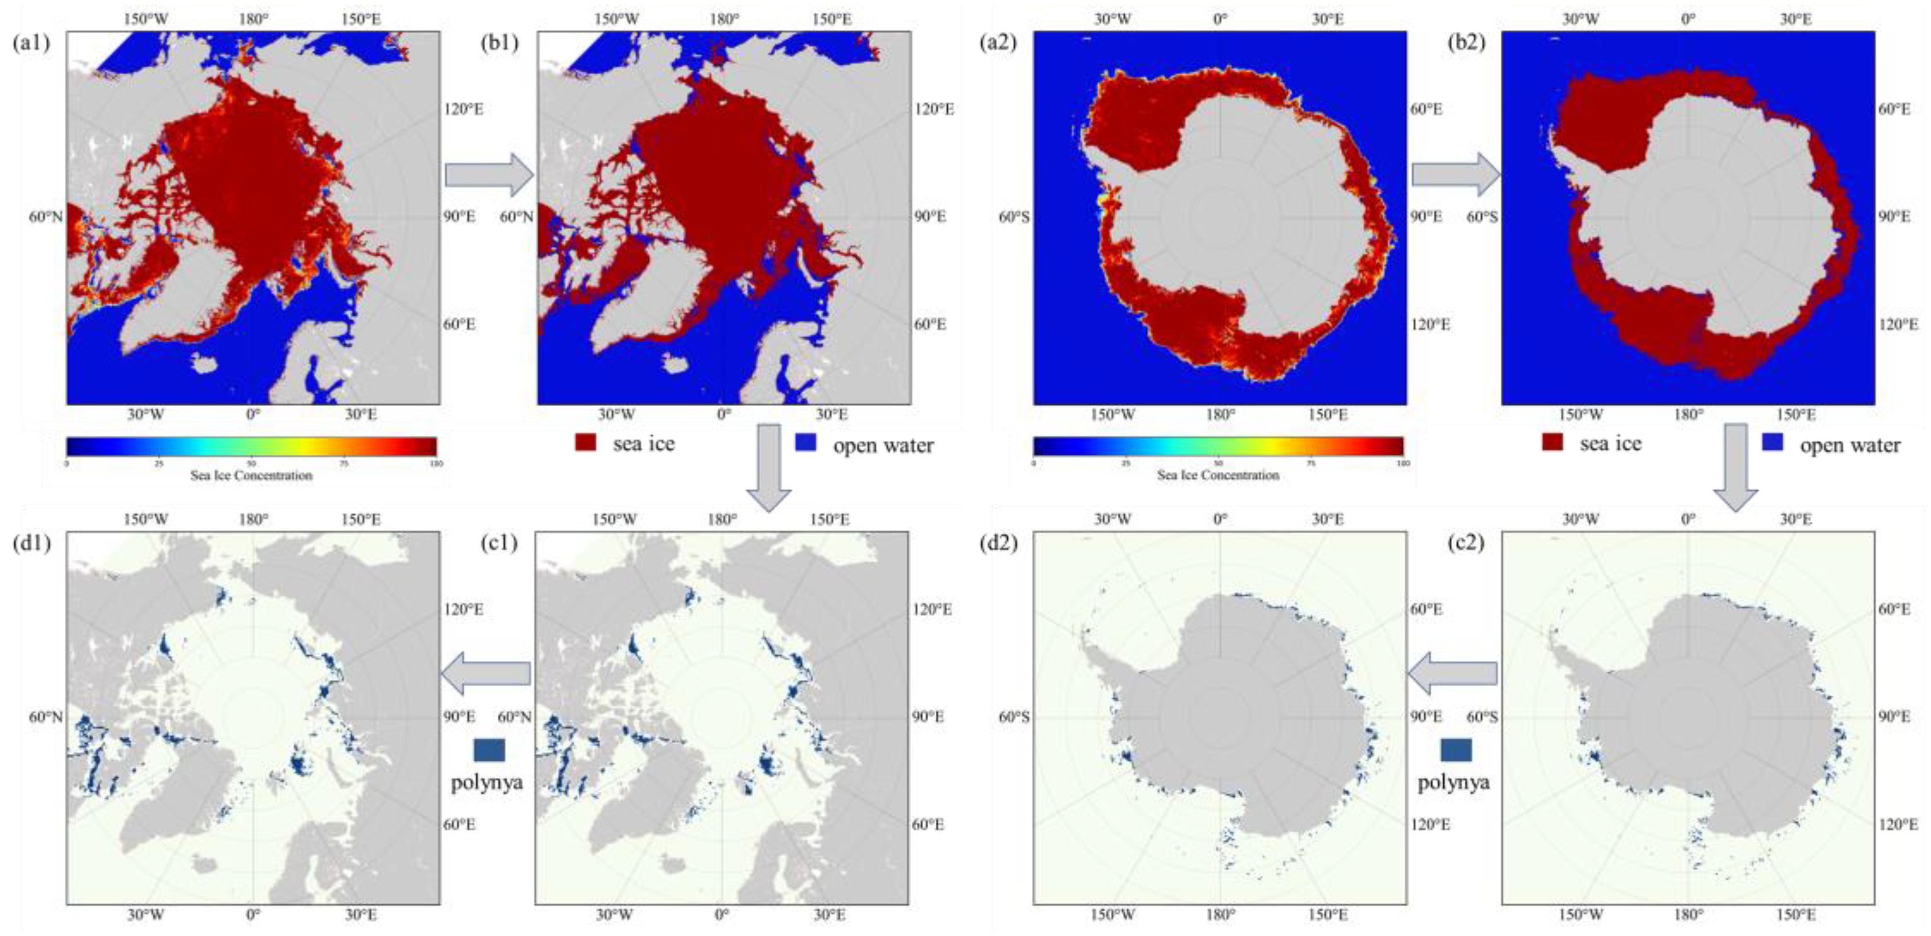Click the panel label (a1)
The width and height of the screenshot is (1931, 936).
coord(31,43)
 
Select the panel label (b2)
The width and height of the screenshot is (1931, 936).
coord(1466,43)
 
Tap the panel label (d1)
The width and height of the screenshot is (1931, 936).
coord(31,543)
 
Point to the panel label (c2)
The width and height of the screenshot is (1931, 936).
coord(1466,543)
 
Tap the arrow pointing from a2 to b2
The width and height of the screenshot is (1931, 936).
coord(1455,175)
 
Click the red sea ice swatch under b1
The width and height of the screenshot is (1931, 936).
coord(585,442)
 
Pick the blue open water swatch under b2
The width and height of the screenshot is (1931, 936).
coord(1772,442)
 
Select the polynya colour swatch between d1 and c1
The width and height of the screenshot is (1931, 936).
coord(489,750)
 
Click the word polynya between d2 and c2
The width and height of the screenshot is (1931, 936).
coord(1453,782)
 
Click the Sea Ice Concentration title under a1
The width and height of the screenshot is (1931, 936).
coord(251,475)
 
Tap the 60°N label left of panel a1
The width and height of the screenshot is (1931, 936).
coord(46,217)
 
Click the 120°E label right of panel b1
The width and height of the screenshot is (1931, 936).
coord(933,109)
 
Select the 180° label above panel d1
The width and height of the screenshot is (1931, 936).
coord(254,519)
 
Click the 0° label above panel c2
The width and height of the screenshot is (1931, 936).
coord(1688,519)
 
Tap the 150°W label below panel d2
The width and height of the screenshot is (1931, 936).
coord(1113,915)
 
